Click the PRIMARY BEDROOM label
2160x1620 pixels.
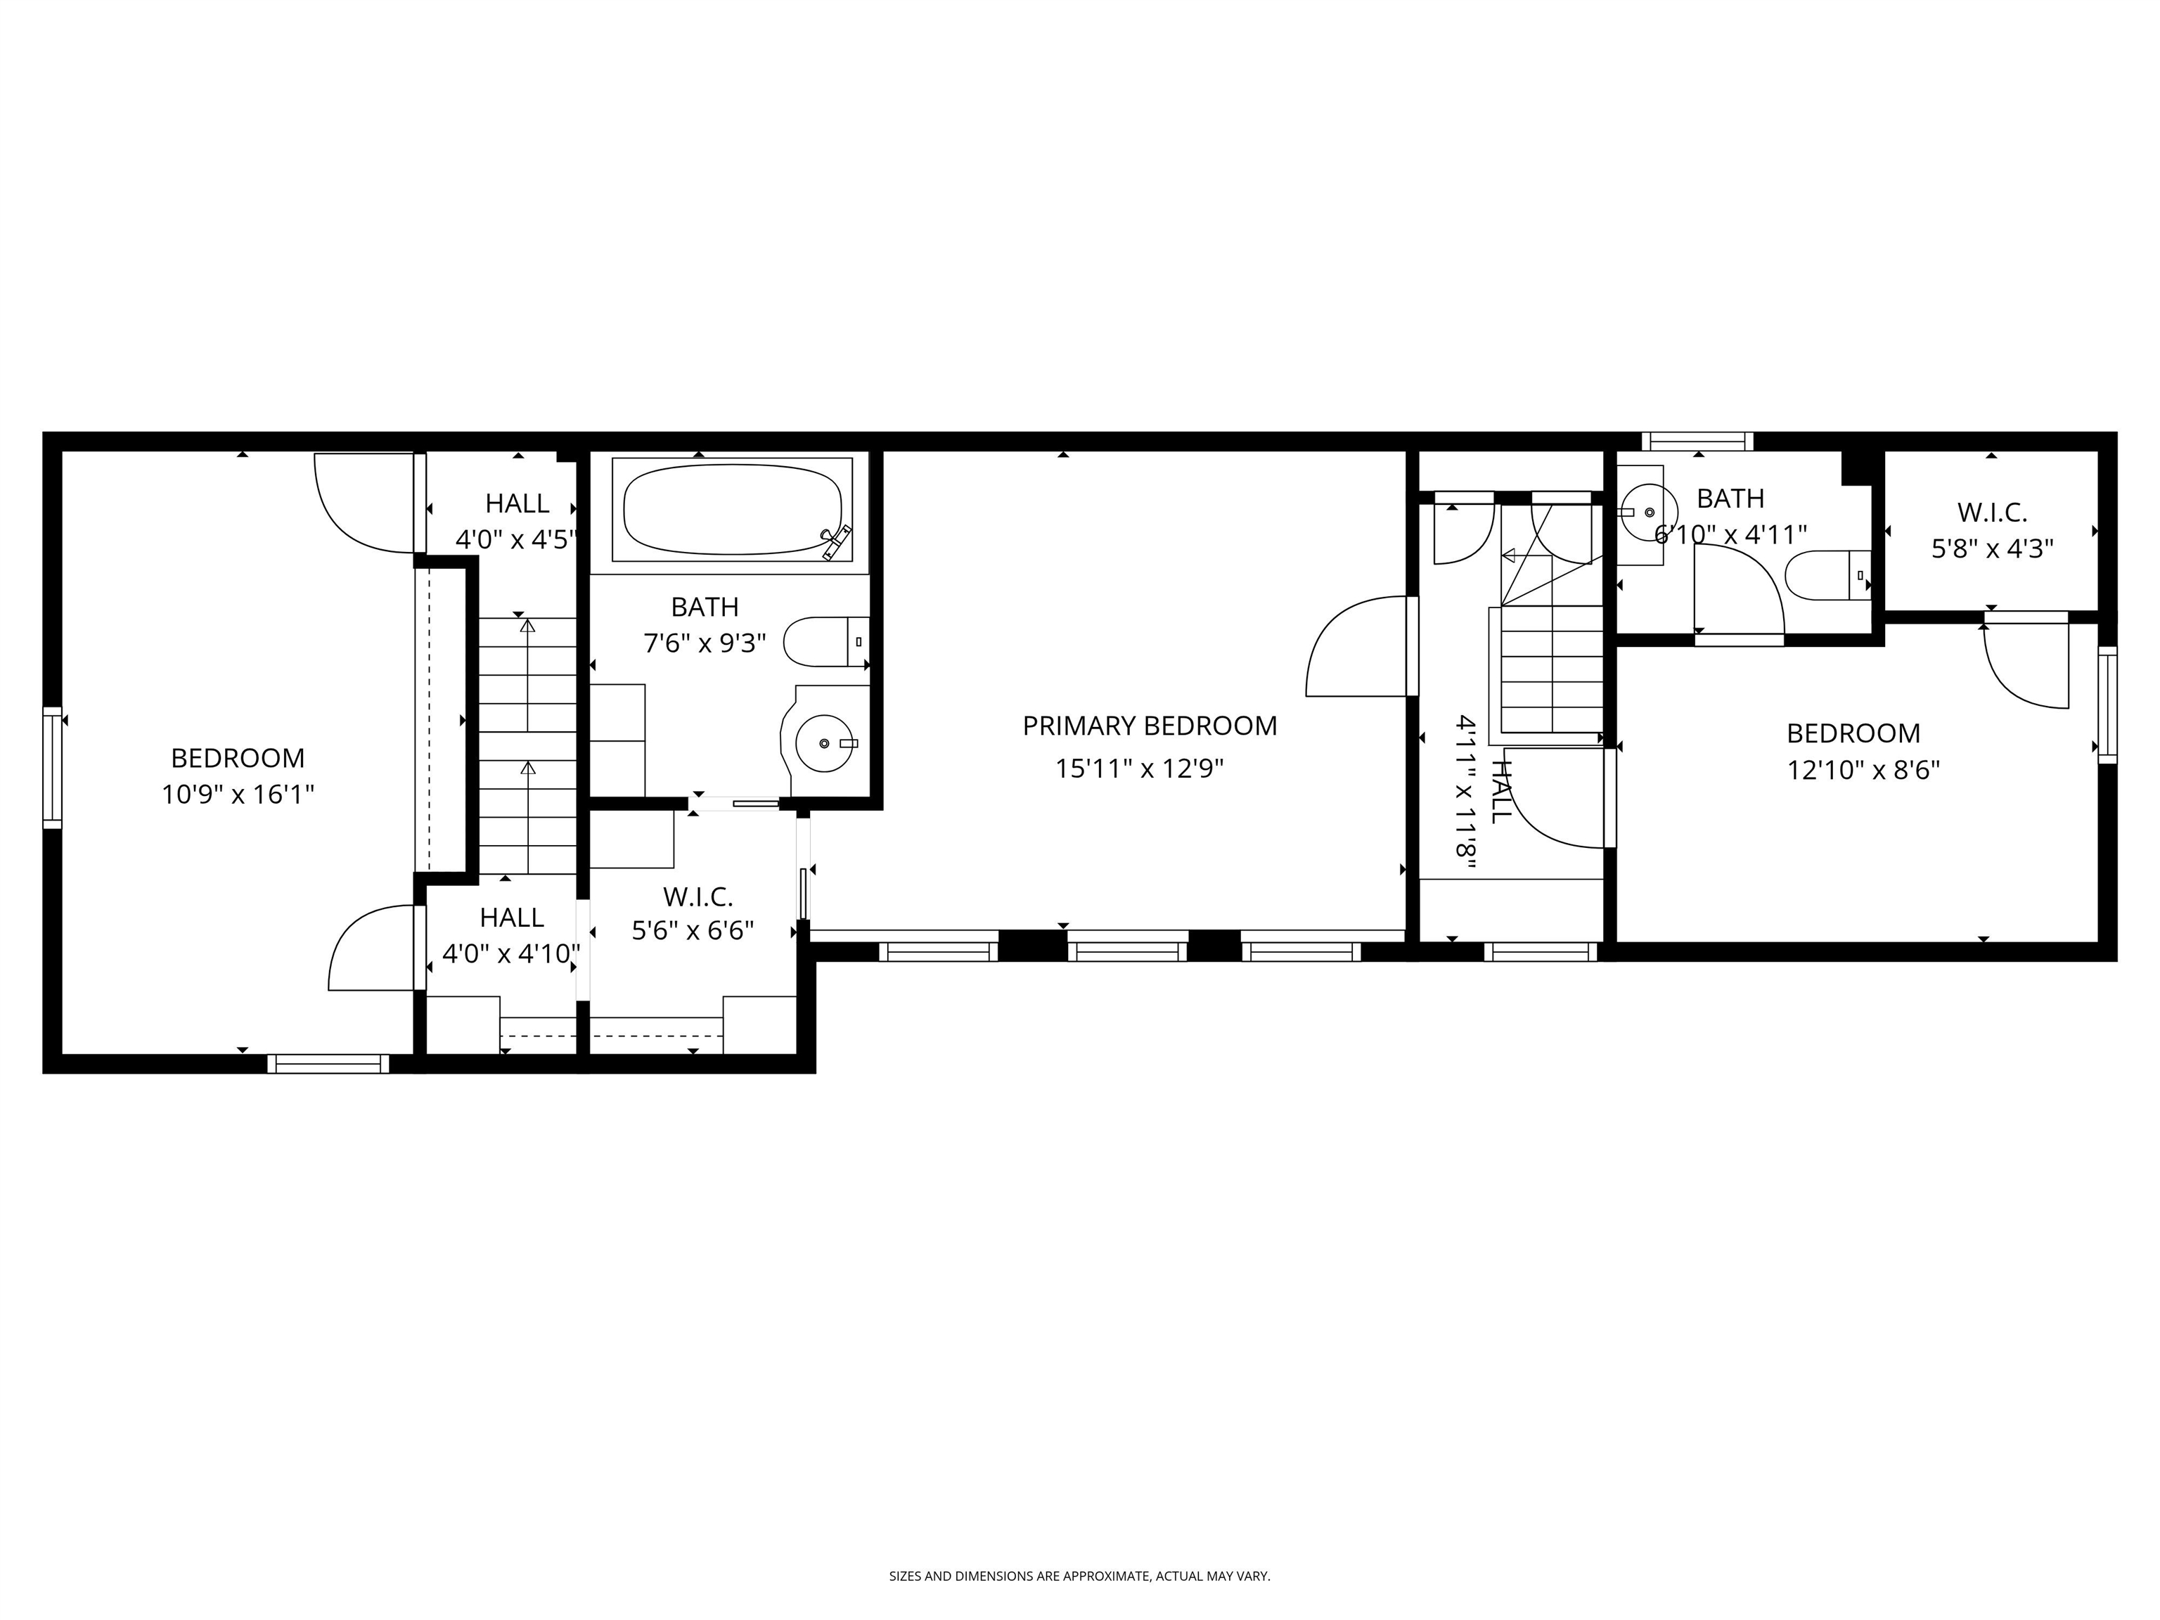click(1150, 726)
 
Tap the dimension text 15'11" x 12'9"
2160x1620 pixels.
click(1140, 769)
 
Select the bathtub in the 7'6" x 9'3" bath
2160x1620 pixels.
click(731, 509)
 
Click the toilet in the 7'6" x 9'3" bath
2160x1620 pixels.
click(826, 641)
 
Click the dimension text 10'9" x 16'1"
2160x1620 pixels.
click(237, 795)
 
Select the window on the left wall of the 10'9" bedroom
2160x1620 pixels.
click(52, 768)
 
